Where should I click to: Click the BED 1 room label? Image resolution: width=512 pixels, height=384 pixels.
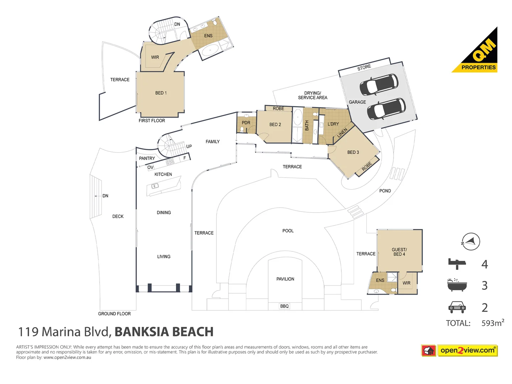tap(161, 93)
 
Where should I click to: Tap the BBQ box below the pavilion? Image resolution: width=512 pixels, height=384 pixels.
tap(284, 306)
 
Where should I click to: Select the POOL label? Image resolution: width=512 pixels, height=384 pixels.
tap(288, 231)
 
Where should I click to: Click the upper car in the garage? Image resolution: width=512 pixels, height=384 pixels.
tap(379, 84)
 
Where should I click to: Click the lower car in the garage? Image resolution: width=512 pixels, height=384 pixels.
tap(386, 108)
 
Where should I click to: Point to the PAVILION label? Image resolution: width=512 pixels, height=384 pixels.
tap(285, 279)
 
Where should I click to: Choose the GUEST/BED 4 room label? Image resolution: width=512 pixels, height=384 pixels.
tap(399, 252)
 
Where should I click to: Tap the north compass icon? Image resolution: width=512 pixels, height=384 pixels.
tap(470, 242)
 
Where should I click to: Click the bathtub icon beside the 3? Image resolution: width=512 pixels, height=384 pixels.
tap(457, 285)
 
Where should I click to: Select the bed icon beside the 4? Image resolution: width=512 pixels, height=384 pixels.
tap(457, 263)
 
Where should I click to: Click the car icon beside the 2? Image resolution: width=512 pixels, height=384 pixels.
tap(457, 307)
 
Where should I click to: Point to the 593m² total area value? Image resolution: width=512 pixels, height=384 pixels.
tap(492, 323)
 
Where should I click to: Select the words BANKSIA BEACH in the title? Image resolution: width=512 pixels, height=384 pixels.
tap(164, 332)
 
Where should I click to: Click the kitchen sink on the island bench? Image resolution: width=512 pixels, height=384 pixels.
tap(155, 186)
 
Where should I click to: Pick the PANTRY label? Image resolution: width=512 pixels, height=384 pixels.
tap(147, 158)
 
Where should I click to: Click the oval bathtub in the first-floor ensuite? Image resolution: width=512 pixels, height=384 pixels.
tap(210, 50)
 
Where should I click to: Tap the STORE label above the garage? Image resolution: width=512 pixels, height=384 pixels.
tap(364, 67)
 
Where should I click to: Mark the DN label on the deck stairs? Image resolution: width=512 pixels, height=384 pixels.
tap(105, 196)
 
